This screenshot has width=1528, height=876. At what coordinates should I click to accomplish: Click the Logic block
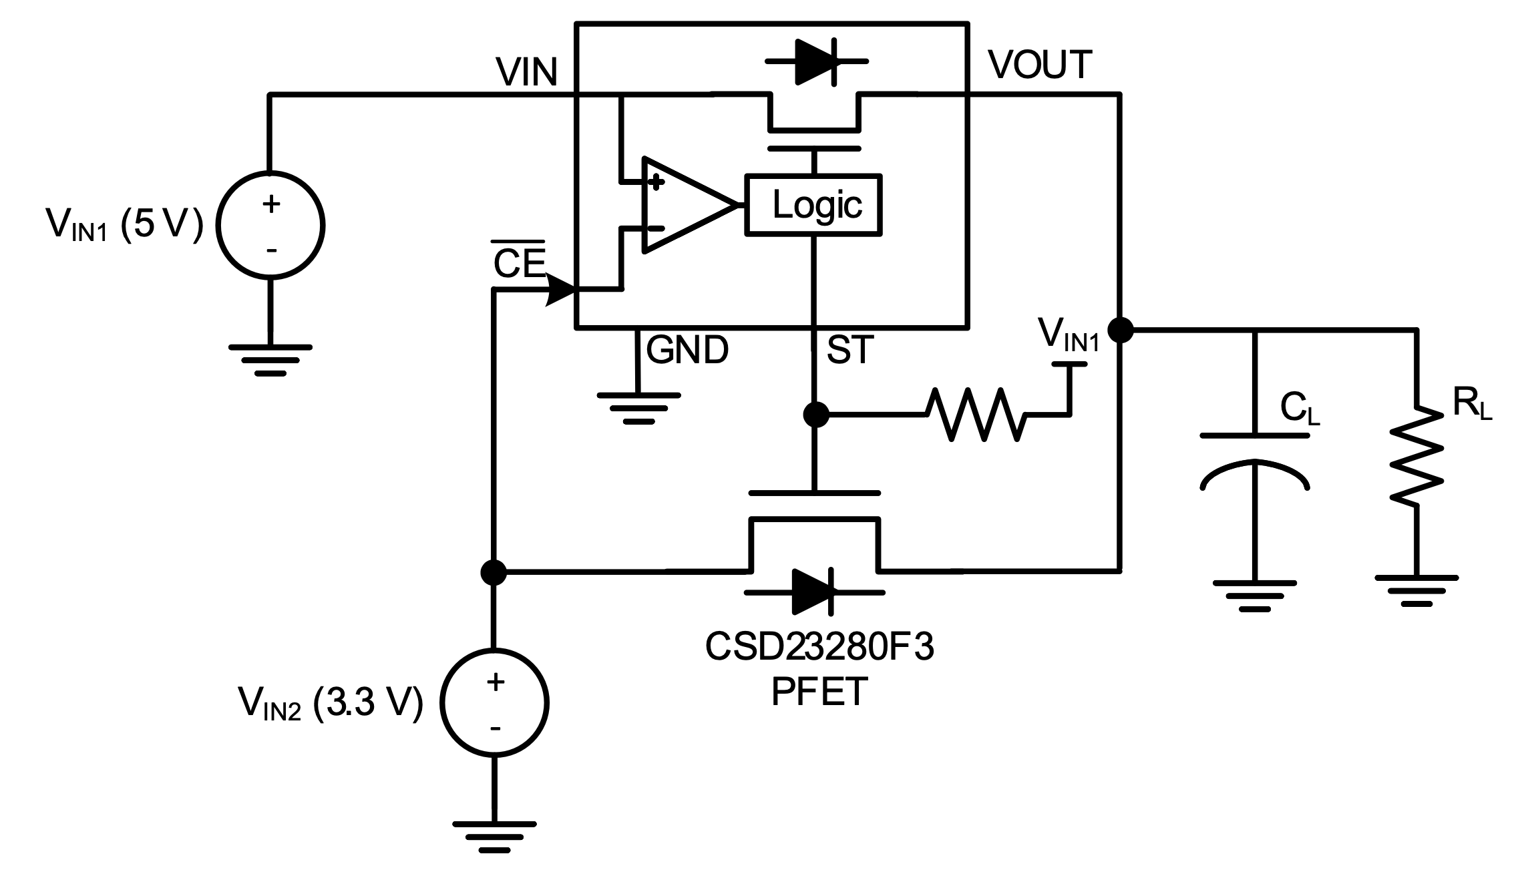[813, 204]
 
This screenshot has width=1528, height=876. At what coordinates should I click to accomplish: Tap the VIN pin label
[526, 71]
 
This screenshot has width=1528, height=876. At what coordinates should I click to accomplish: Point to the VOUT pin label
[1040, 65]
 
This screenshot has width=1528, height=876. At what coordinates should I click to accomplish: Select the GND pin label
[687, 349]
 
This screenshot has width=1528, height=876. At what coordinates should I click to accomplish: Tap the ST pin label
[849, 349]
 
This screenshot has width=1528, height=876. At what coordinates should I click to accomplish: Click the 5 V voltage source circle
[270, 225]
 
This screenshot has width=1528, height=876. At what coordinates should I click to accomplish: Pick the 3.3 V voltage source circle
[494, 703]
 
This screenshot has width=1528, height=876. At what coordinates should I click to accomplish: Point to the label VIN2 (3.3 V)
[331, 703]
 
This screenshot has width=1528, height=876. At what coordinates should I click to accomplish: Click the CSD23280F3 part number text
[819, 646]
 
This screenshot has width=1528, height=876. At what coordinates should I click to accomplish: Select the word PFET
[819, 692]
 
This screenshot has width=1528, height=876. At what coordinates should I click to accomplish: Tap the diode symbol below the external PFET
[814, 592]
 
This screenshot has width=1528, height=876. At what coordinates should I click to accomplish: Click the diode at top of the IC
[816, 61]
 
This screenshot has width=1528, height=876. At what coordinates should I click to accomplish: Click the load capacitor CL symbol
[1255, 461]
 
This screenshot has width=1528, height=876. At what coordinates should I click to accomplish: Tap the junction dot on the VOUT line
[1120, 329]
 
